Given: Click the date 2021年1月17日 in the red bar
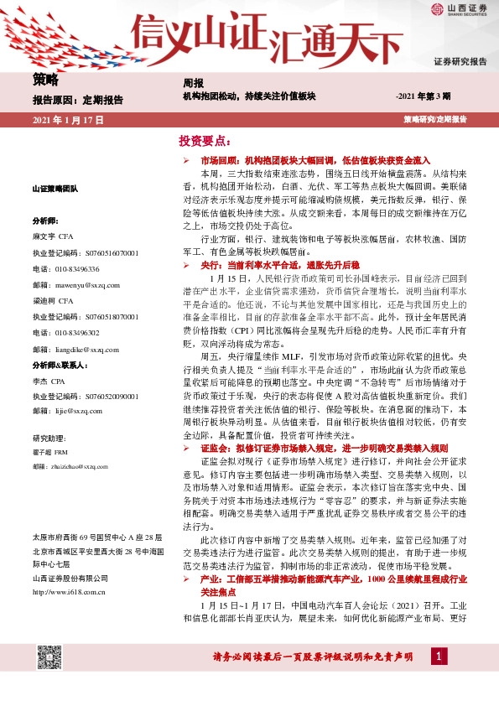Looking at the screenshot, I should point(68,121).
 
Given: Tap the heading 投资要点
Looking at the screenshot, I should point(204,140).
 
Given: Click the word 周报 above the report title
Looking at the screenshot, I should point(194,83).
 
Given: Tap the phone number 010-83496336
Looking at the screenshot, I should point(65,268).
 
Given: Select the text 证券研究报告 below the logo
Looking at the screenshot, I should point(460,61).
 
